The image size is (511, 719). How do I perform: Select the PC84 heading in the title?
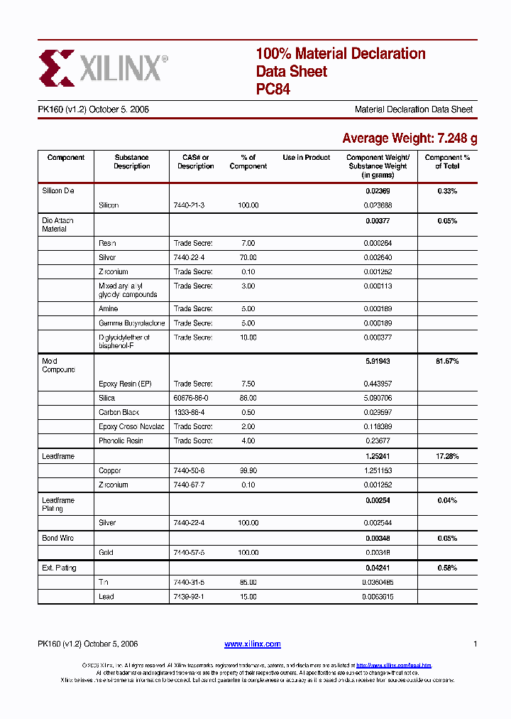pos(273,90)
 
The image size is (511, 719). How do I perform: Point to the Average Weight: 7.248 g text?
pos(409,139)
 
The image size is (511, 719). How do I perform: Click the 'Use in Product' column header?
pos(307,158)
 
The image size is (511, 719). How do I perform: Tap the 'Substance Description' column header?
pos(132,162)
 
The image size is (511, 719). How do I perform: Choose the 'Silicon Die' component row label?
pos(57,191)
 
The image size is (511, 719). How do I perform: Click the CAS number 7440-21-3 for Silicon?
pos(189,205)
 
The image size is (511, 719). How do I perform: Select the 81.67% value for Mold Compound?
pos(447,362)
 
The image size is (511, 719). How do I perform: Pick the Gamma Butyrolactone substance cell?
pos(131,323)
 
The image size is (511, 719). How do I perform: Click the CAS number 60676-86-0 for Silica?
pos(191,399)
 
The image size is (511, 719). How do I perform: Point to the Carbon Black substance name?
pos(119,413)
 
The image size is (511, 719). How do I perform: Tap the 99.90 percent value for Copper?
pos(248,471)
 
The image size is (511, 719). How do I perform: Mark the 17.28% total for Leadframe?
pos(447,456)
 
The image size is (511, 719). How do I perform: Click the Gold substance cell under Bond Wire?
pos(106,553)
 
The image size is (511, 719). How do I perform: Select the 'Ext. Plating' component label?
pos(59,568)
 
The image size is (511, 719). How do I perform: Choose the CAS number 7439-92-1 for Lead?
pos(189,597)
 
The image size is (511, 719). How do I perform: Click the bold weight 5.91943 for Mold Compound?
pos(378,362)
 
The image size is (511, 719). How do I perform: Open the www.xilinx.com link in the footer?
pos(253,644)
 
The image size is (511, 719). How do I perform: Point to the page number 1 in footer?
pos(475,644)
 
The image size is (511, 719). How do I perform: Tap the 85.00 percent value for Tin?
pos(248,583)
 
